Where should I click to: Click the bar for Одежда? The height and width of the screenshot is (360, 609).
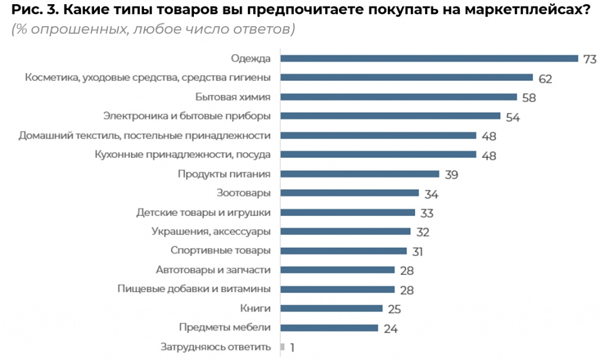pos(429,58)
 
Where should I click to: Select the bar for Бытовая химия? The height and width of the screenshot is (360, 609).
pos(398,97)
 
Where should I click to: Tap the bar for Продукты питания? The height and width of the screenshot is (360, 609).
pos(360,174)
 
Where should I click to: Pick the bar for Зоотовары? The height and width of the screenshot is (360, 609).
pos(350,193)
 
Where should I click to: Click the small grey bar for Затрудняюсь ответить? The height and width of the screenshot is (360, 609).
pos(282,346)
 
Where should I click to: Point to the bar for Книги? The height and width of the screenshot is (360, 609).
pos(331,308)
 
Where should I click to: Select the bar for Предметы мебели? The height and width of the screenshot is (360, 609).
pos(329,327)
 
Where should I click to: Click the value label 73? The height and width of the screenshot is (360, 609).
pos(589,60)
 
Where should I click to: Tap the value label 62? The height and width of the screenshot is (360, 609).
pos(545,79)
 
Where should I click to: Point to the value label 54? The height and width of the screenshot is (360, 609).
pos(513,117)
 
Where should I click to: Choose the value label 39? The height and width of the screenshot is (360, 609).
pos(451,175)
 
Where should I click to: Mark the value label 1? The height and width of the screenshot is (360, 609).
pos(293,348)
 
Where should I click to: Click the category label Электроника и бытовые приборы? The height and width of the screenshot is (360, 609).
pos(187,116)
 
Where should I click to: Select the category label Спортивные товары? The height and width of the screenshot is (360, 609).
pos(221,251)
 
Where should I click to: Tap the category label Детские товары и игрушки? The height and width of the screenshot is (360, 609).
pos(203,212)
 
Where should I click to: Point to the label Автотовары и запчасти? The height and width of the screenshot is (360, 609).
pos(214,270)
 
